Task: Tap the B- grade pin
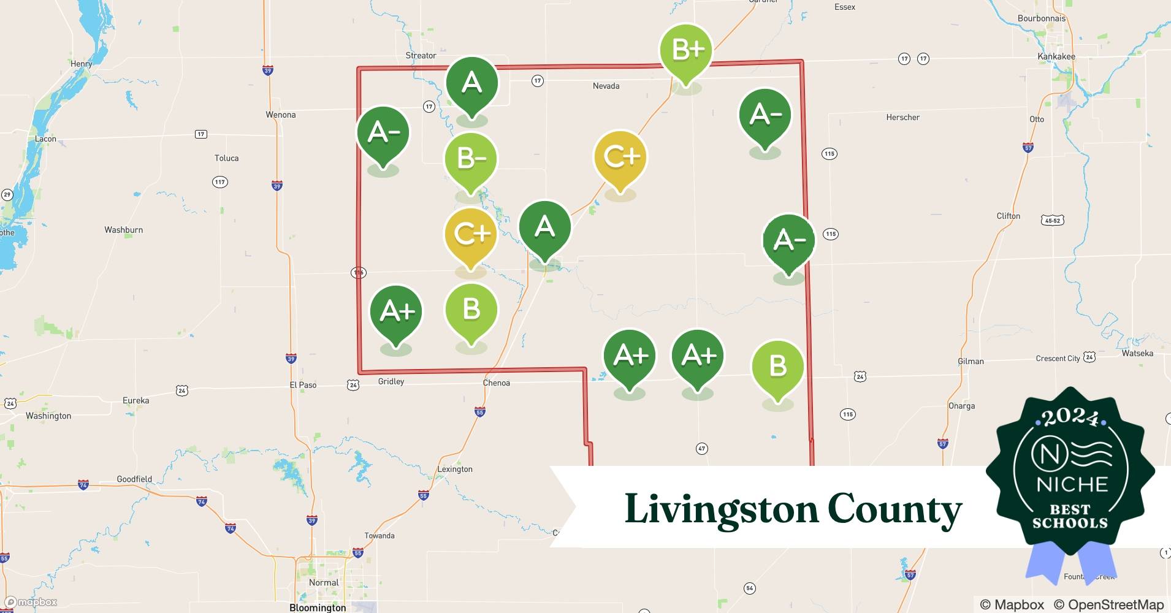(471, 159)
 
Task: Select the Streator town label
(421, 56)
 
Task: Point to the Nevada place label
(606, 86)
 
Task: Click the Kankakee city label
(1056, 56)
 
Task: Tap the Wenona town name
(281, 115)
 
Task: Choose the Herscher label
(902, 118)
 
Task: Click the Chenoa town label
(496, 383)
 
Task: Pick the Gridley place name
(391, 382)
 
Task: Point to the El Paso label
(303, 386)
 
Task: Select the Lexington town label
(455, 470)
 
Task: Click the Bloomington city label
(318, 607)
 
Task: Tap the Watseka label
(1137, 354)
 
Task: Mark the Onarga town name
(961, 406)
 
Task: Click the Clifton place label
(1009, 216)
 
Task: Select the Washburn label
(124, 230)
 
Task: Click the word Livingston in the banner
(721, 509)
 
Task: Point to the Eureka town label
(136, 401)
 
